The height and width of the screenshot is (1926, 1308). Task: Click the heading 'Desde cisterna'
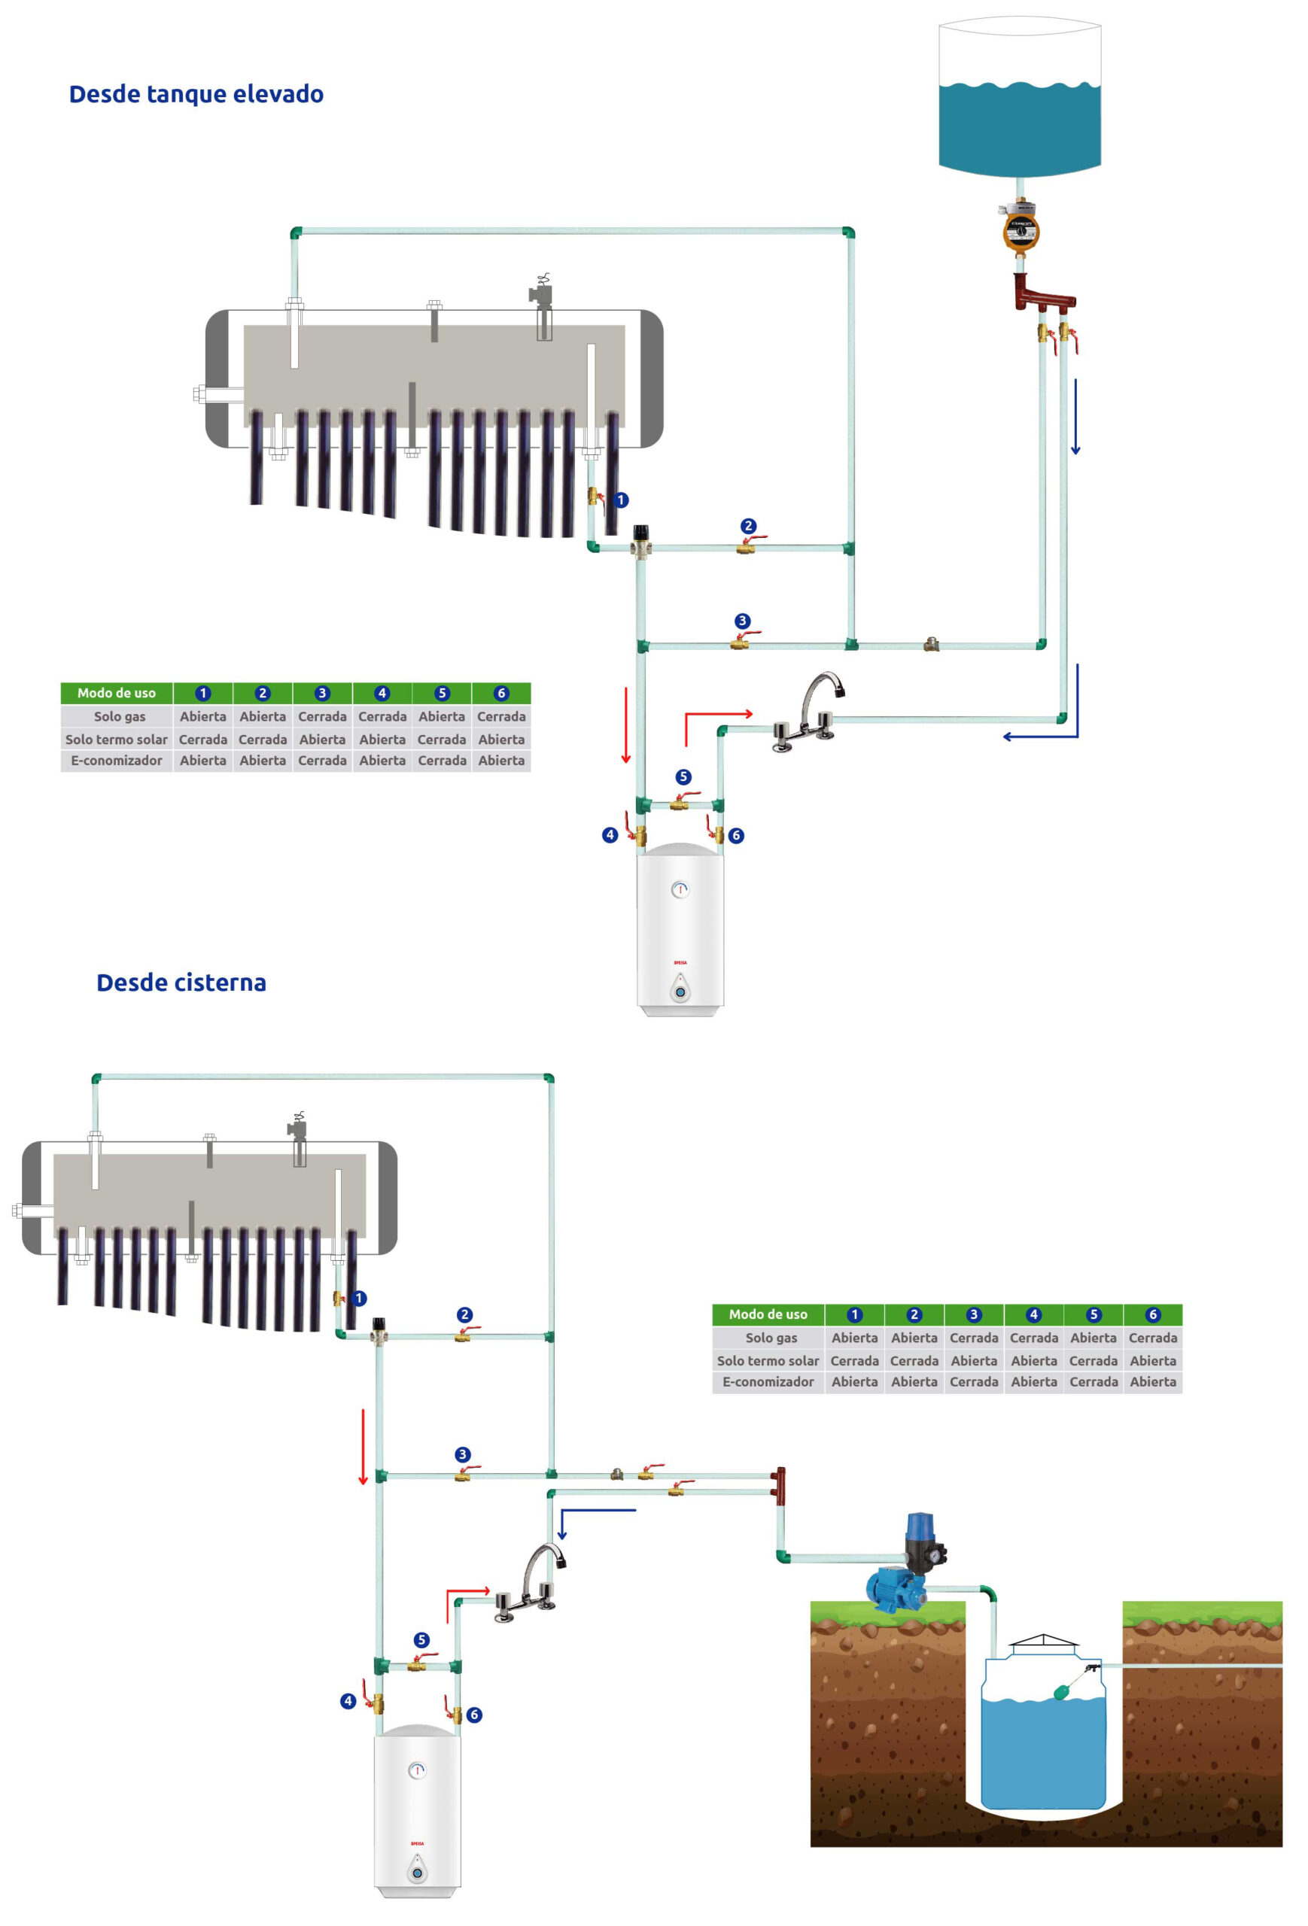[181, 983]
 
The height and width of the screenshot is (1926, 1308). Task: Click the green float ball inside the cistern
[1062, 1692]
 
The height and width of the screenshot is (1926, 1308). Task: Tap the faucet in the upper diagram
[808, 712]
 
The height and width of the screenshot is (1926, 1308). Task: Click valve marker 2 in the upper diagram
[749, 526]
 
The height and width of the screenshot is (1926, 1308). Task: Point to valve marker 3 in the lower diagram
[463, 1454]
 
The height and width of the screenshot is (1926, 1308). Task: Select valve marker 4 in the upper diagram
[610, 834]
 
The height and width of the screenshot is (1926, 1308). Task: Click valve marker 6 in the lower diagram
[474, 1715]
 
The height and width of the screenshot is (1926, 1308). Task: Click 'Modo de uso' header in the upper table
[117, 693]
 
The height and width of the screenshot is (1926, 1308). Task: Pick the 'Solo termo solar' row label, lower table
[768, 1361]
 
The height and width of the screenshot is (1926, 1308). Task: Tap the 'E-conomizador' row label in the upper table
[117, 761]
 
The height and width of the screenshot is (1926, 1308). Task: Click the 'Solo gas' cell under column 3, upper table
[322, 717]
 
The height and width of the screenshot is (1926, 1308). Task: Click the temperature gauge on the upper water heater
[680, 890]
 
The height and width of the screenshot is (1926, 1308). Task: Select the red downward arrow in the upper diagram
[626, 725]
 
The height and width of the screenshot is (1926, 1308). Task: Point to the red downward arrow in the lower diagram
[363, 1446]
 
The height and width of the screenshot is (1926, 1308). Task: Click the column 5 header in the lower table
[1094, 1314]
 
